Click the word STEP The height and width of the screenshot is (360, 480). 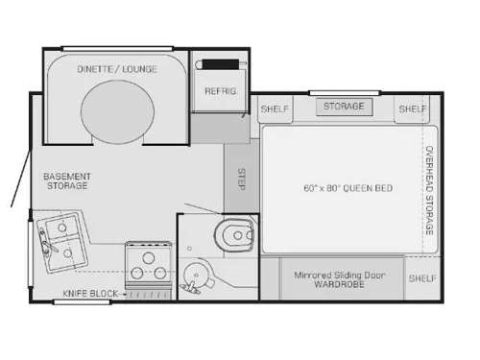tap(241, 179)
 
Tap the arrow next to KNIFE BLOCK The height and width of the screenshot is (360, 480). tap(122, 292)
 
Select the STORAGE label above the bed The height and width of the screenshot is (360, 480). tap(343, 106)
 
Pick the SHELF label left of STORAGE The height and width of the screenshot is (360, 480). tap(276, 109)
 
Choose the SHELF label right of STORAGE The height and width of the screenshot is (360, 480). tap(413, 109)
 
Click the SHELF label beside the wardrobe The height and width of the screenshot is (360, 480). tap(421, 278)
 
